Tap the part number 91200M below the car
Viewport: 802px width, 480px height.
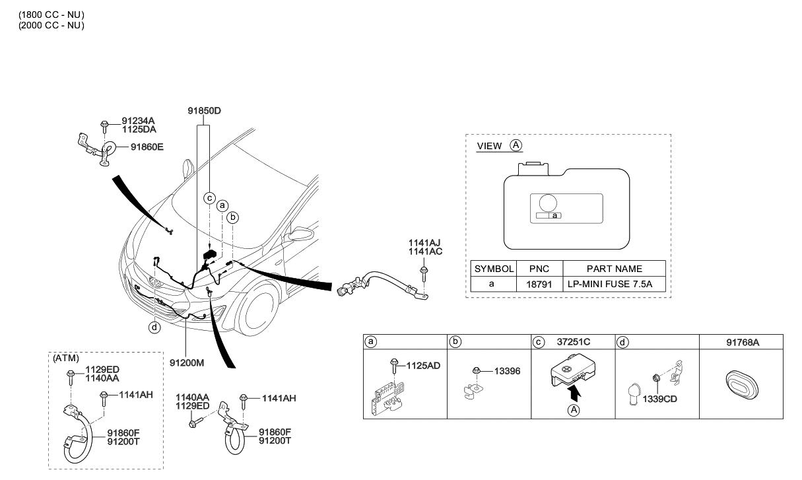(x=187, y=362)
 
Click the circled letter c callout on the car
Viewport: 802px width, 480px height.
(x=209, y=197)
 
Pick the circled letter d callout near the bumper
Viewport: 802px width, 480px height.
(x=154, y=326)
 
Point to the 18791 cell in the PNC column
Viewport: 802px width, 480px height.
(x=540, y=285)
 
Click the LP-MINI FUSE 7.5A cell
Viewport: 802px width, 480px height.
(x=614, y=285)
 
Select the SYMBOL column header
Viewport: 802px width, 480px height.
(x=494, y=269)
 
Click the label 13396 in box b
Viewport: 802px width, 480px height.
(x=508, y=372)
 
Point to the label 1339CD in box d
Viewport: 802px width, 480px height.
(x=660, y=399)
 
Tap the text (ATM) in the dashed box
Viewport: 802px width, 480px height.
(x=66, y=358)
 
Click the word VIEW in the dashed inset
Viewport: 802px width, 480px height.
(x=489, y=146)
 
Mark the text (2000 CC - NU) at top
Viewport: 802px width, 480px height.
(x=51, y=25)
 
